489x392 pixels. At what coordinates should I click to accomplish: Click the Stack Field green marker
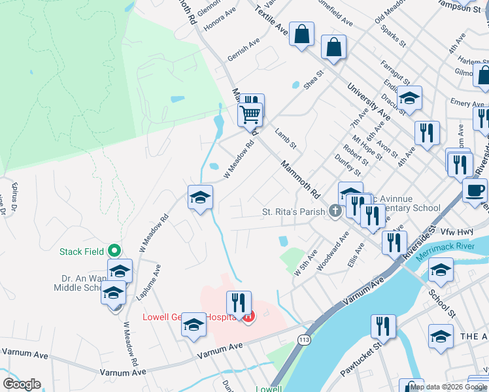114,250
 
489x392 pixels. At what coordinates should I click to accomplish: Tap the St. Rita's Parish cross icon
335,211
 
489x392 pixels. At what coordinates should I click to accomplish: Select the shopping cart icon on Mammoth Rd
250,115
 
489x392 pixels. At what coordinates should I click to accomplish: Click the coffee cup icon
475,190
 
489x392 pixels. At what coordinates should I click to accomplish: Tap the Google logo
22,384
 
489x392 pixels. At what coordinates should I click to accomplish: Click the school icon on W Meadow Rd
201,197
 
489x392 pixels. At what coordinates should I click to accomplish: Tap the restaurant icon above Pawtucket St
383,326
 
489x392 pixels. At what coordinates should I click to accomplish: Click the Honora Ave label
220,22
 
